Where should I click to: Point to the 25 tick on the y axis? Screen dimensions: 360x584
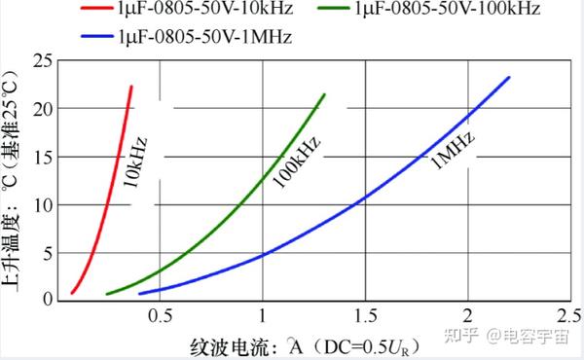(41, 61)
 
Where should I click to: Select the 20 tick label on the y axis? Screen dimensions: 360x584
(41, 109)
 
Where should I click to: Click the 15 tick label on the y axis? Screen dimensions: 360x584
(41, 157)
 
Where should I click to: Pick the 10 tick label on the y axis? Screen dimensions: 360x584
(41, 204)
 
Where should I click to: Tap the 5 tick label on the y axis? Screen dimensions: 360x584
(46, 252)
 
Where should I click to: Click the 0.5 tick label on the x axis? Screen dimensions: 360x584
(161, 317)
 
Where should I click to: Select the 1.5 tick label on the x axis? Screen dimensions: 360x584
(365, 317)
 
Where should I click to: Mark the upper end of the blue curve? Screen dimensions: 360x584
(509, 78)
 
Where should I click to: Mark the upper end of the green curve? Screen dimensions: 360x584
(323, 94)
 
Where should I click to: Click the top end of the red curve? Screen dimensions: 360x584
(130, 87)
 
